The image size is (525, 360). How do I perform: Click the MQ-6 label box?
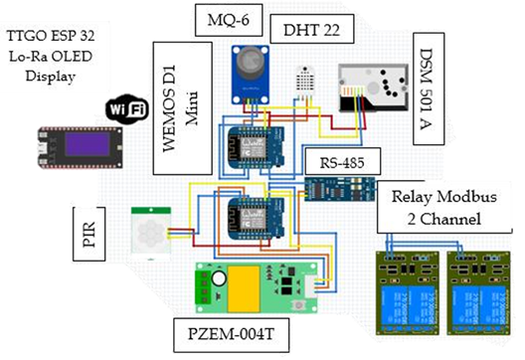(228, 21)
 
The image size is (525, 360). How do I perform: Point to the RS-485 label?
(338, 161)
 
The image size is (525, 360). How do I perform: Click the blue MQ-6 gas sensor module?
(253, 76)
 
